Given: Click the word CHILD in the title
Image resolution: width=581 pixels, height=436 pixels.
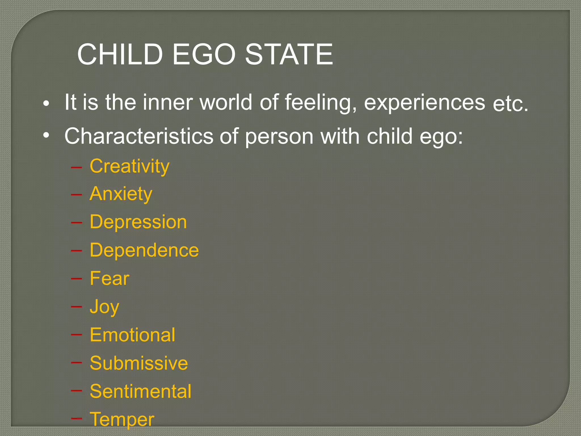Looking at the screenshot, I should (x=120, y=54).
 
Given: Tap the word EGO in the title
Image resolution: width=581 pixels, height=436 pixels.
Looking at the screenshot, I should (x=204, y=54).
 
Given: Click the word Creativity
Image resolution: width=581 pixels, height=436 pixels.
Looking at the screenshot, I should (x=129, y=167).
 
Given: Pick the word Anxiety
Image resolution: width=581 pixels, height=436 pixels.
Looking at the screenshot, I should (x=121, y=194).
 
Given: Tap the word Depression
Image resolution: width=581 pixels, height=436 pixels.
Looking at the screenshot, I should (x=138, y=222).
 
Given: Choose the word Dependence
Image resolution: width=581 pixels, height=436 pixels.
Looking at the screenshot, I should (x=144, y=250).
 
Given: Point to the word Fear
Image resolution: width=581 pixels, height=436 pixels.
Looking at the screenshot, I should (x=110, y=278).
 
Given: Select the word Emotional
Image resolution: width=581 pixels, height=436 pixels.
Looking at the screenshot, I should (x=132, y=335).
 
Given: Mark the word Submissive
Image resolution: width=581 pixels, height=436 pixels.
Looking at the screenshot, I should (x=139, y=363).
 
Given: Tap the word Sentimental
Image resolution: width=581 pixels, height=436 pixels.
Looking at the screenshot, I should (x=140, y=391).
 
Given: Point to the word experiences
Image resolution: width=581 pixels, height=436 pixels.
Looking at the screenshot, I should (x=424, y=103).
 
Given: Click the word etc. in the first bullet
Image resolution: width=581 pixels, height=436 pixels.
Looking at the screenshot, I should (x=510, y=104).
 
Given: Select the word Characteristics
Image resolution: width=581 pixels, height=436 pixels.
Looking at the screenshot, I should (x=139, y=136).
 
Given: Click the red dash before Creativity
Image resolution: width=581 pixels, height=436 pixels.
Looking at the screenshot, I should (x=76, y=167).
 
